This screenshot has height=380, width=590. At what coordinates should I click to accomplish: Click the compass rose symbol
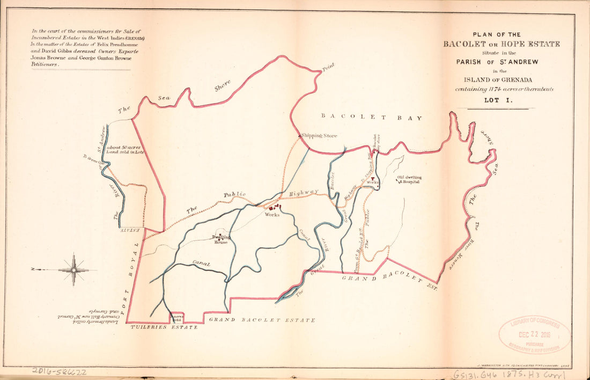pyautogui.click(x=74, y=269)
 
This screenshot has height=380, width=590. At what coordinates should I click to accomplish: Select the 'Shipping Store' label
pyautogui.click(x=320, y=136)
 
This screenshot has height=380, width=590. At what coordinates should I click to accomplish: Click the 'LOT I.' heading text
pyautogui.click(x=499, y=100)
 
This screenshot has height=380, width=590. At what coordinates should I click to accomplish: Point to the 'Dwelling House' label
pyautogui.click(x=221, y=239)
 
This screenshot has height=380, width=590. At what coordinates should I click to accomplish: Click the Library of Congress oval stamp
pyautogui.click(x=534, y=335)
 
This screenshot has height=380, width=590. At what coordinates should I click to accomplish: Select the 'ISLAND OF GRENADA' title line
pyautogui.click(x=499, y=81)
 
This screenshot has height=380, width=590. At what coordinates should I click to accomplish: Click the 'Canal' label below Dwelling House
pyautogui.click(x=201, y=264)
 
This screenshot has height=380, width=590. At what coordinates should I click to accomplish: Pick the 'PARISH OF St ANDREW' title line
pyautogui.click(x=498, y=62)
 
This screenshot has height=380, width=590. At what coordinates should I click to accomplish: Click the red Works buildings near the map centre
pyautogui.click(x=275, y=207)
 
